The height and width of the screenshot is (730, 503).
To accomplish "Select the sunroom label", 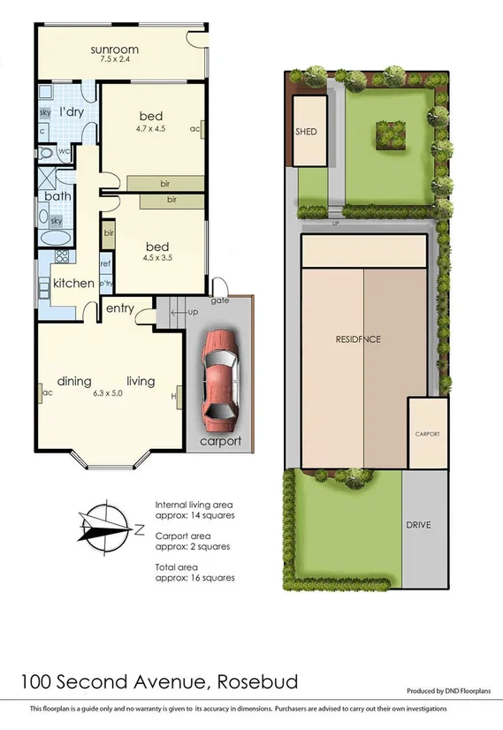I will pos(116,49).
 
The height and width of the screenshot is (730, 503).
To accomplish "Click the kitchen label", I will pos(73,283).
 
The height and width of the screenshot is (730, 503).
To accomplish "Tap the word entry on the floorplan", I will pos(120,308).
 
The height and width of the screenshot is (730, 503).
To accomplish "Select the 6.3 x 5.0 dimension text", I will pos(110,394).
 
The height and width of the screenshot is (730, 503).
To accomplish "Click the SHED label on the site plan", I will pos(306,132).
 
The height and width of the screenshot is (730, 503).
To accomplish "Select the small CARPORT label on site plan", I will pos(427,435).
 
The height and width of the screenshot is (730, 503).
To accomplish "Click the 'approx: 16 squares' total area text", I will pos(194,578).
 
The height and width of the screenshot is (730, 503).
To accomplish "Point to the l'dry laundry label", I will pos(71,112).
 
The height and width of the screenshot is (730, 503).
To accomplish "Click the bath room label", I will pos(57,196).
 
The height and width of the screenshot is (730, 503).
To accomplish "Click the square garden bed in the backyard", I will pos(389,134).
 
